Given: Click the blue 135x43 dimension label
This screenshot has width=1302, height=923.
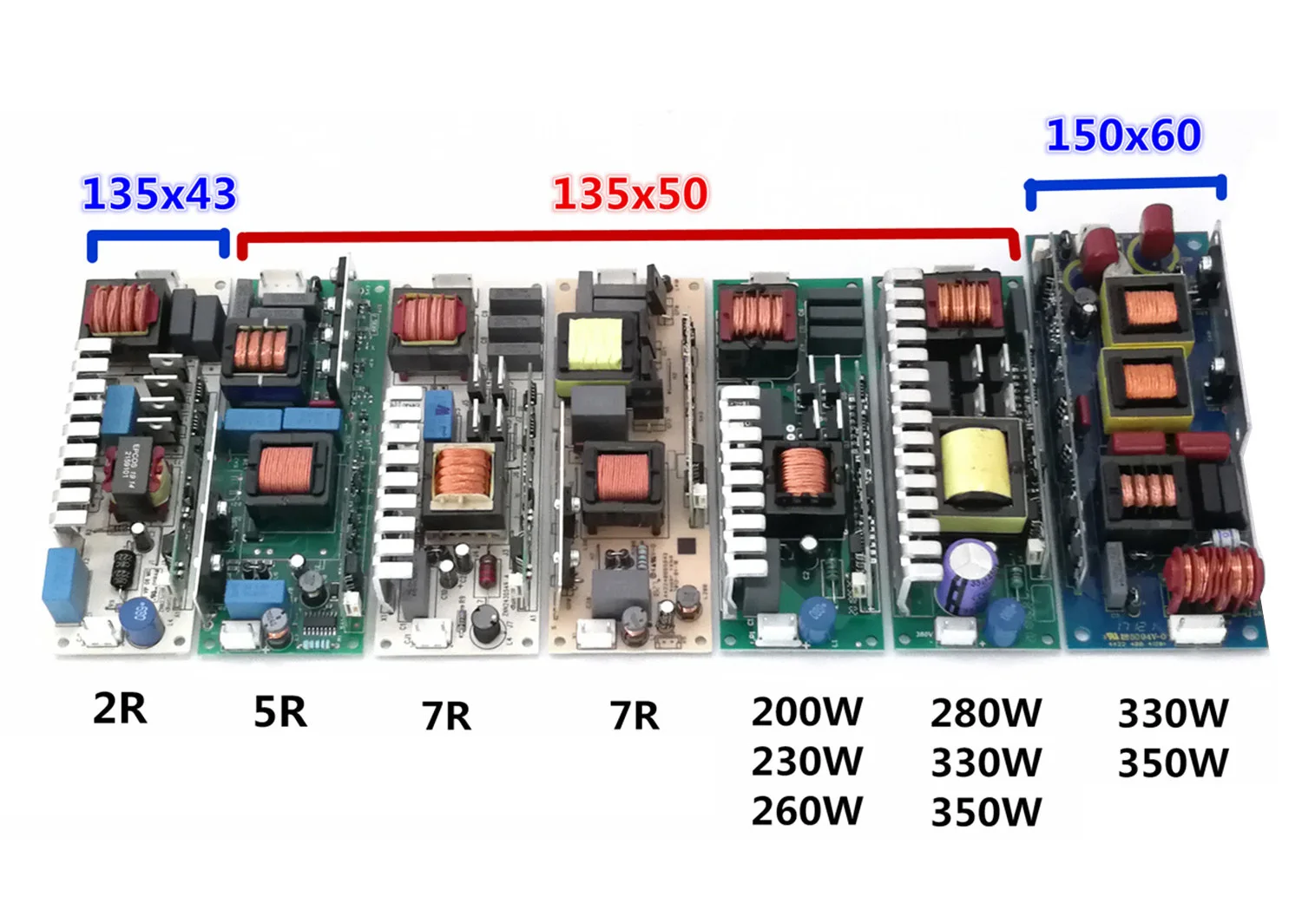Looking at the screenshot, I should tap(159, 193).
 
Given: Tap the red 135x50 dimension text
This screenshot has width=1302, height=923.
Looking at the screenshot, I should tap(630, 193).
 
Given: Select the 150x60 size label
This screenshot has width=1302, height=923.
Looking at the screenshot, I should tap(1123, 135).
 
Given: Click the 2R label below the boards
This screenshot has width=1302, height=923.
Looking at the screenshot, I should tap(120, 709).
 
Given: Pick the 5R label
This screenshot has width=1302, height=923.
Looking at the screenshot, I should tap(280, 712).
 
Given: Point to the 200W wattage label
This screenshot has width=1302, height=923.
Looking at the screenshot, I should tap(807, 712).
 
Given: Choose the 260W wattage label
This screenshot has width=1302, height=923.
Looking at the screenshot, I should tap(807, 811).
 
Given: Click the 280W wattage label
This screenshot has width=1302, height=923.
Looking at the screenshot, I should tap(986, 713).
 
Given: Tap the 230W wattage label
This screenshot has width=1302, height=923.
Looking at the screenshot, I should tap(807, 762).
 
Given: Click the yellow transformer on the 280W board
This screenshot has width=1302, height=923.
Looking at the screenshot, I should tap(976, 463).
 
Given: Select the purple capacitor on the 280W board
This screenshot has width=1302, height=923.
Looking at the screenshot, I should tap(964, 573).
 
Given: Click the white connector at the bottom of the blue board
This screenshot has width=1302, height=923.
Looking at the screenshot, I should tap(1196, 630).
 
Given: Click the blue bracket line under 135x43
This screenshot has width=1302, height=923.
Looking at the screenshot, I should tap(158, 235).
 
